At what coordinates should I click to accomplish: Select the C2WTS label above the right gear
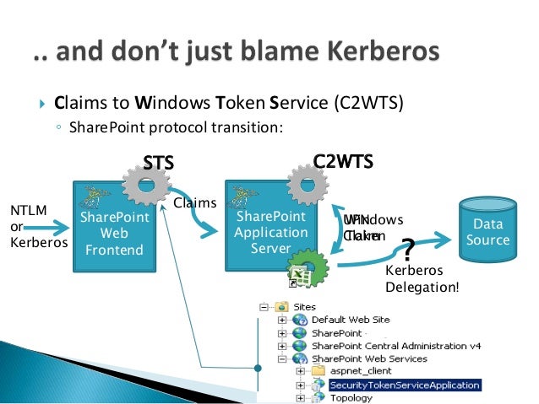[343, 160]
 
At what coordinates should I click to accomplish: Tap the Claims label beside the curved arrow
[194, 203]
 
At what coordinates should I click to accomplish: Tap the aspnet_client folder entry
[356, 371]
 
